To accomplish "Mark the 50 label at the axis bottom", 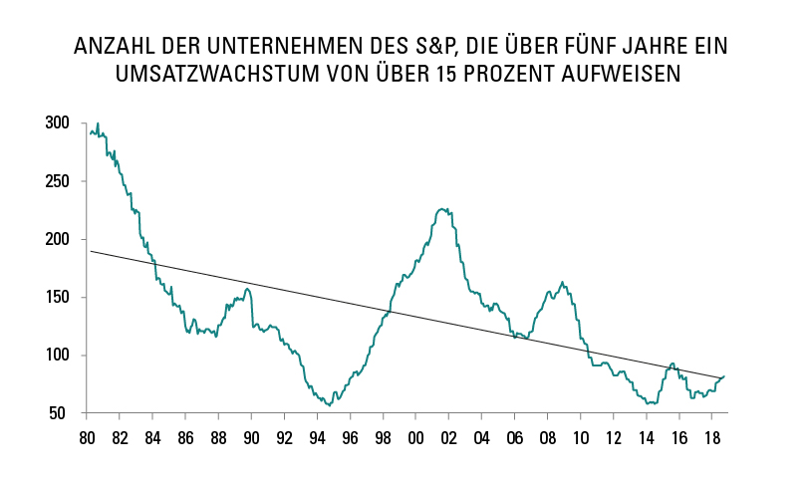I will tap(60, 413).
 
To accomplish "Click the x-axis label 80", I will tap(87, 437).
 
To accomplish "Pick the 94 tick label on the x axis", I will tap(316, 437).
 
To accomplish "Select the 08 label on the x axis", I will tap(546, 437).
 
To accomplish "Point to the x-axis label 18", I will tap(709, 437).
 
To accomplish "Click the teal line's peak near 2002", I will tap(443, 208).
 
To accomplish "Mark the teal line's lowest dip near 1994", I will tap(329, 405).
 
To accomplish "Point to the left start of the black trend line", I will tap(91, 251).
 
